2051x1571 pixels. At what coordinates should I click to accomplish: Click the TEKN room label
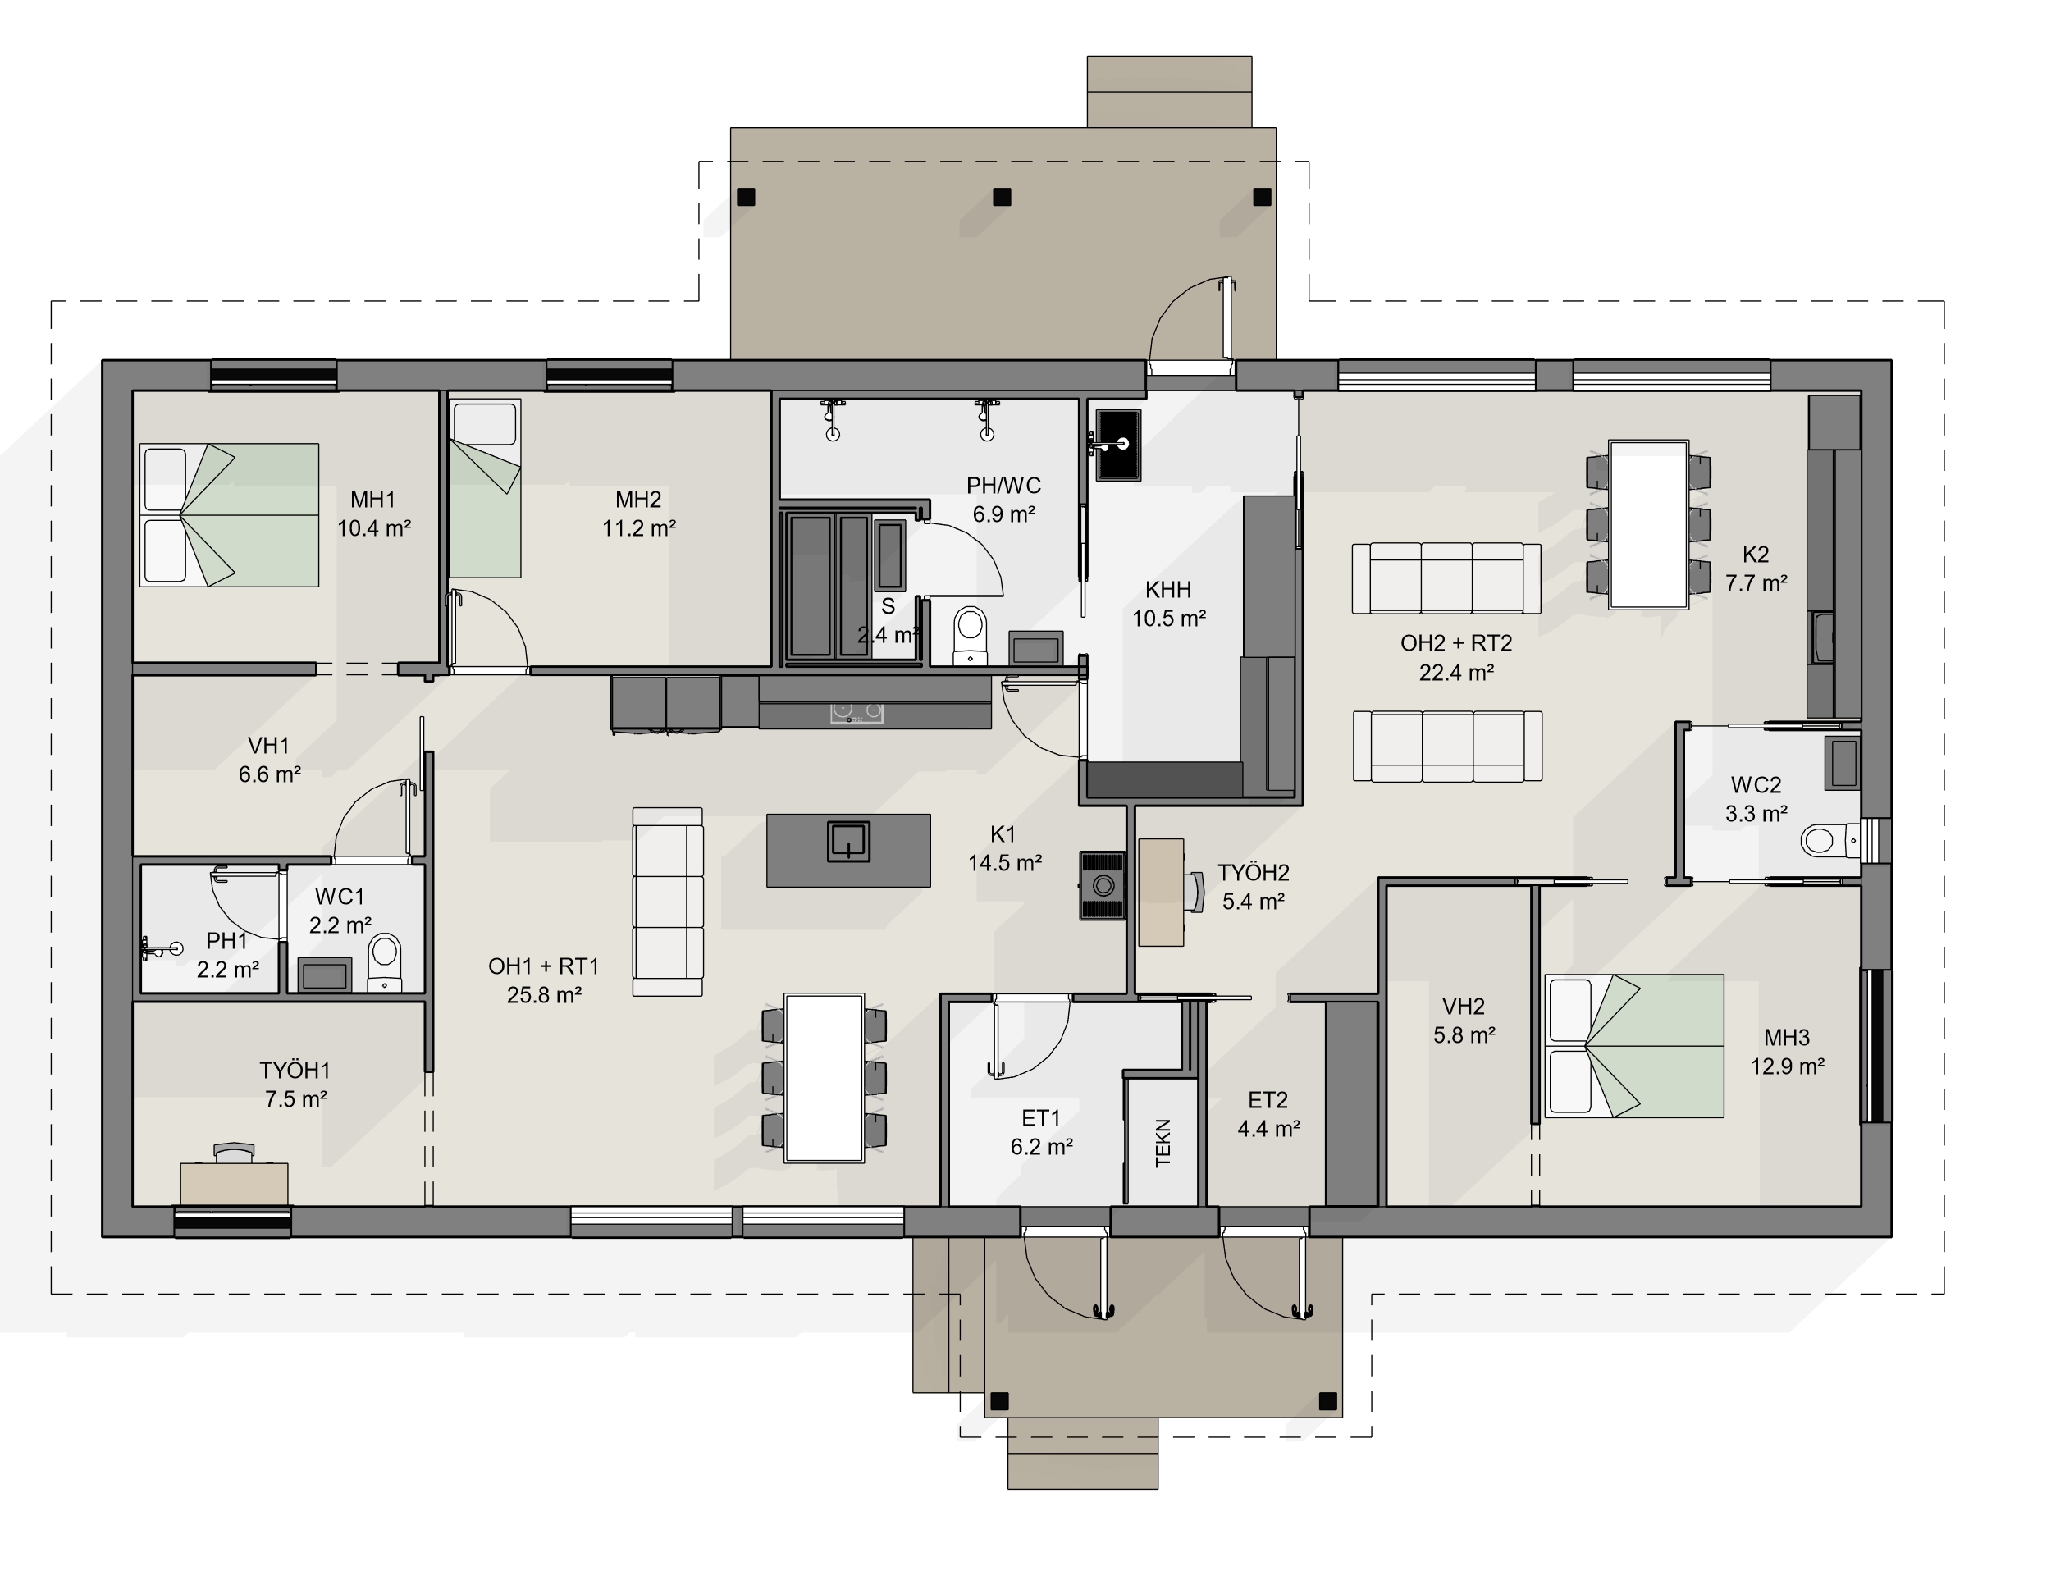coord(1163,1143)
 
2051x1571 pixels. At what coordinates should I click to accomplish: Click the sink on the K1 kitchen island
coord(848,842)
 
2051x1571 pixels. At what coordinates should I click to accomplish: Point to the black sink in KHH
coord(1117,444)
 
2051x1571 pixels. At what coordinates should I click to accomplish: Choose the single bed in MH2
coord(485,488)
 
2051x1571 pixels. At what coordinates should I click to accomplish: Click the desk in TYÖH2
coord(1162,892)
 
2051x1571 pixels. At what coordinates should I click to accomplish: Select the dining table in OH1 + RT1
coord(824,1077)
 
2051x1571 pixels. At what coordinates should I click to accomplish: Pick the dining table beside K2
coord(1648,524)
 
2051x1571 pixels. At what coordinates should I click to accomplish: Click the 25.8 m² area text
coord(544,995)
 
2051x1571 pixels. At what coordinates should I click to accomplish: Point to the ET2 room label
coord(1268,1099)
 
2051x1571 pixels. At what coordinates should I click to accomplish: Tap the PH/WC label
coord(1003,486)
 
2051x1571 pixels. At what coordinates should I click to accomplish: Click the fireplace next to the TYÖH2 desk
coord(1103,885)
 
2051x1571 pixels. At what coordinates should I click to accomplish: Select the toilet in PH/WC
coord(970,636)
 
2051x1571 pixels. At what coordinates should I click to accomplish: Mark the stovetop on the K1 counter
coord(856,715)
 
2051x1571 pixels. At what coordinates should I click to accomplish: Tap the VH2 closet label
coord(1464,1007)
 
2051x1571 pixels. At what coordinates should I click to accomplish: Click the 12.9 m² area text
coord(1788,1066)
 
